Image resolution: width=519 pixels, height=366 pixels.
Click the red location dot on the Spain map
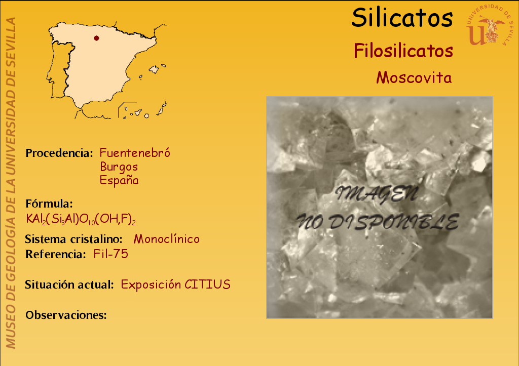pyautogui.click(x=96, y=38)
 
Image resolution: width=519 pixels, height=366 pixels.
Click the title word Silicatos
pyautogui.click(x=402, y=18)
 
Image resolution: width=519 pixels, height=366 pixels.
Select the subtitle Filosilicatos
pyautogui.click(x=403, y=51)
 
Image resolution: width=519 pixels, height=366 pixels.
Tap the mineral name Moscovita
pyautogui.click(x=414, y=77)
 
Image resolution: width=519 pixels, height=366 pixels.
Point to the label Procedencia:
pyautogui.click(x=59, y=153)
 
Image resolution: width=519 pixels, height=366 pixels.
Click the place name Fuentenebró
pyautogui.click(x=135, y=153)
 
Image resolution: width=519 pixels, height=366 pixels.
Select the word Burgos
pyautogui.click(x=119, y=167)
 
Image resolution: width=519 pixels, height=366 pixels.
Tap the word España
pyautogui.click(x=119, y=180)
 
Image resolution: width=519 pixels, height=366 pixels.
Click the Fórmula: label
pyautogui.click(x=49, y=204)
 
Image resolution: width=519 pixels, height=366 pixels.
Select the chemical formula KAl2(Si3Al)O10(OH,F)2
pyautogui.click(x=81, y=219)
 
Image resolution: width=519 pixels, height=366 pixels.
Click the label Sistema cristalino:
pyautogui.click(x=73, y=239)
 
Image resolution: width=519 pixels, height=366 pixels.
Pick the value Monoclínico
pyautogui.click(x=166, y=239)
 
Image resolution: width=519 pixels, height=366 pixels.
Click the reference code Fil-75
pyautogui.click(x=110, y=254)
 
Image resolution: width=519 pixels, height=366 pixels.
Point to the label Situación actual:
pyautogui.click(x=69, y=284)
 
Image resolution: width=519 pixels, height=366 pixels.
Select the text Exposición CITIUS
pyautogui.click(x=175, y=284)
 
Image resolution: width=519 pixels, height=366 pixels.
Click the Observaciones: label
pyautogui.click(x=66, y=315)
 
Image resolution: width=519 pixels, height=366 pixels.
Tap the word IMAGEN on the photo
pyautogui.click(x=377, y=194)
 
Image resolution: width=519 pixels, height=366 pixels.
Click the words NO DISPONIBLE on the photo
pyautogui.click(x=378, y=222)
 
